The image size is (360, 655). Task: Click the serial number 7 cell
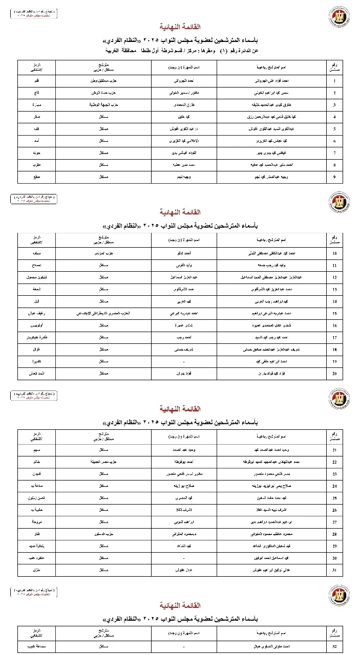point(334,153)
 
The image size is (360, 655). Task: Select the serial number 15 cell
point(334,313)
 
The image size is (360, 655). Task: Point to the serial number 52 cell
point(334,647)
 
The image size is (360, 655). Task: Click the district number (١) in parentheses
point(223,51)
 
